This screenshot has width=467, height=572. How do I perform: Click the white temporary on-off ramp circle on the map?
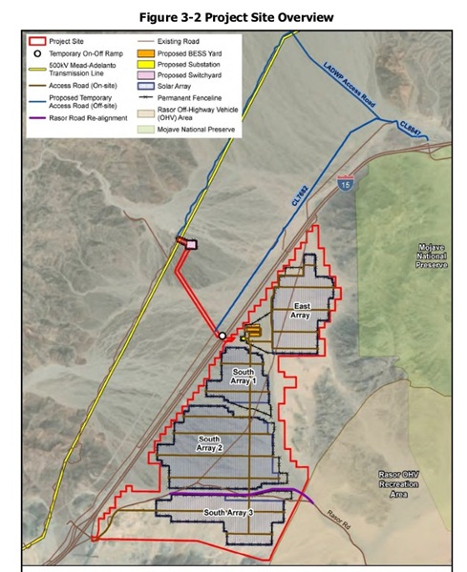(x=223, y=336)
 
